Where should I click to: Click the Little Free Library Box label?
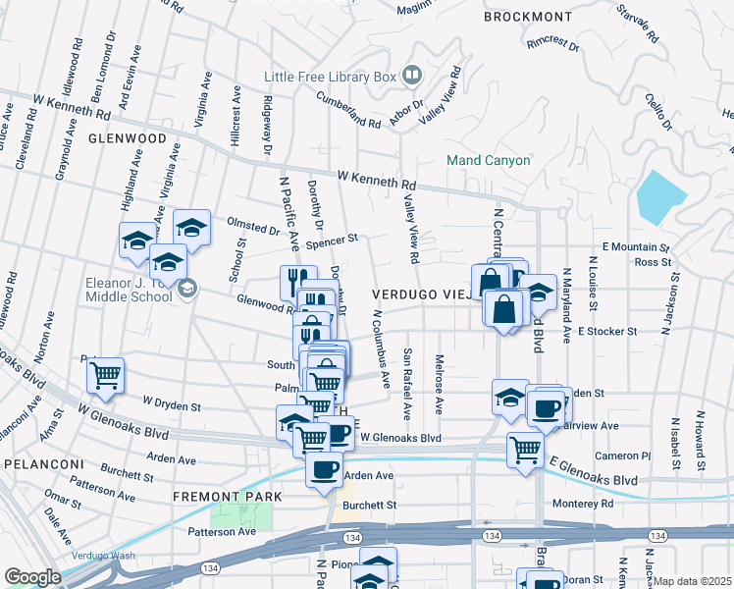[329, 77]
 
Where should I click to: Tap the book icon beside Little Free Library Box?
[411, 75]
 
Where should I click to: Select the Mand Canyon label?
[488, 160]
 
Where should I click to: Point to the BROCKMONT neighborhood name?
[528, 17]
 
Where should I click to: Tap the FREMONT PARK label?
[228, 497]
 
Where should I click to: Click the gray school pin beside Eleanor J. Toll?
[186, 289]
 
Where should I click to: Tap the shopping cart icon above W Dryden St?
[105, 375]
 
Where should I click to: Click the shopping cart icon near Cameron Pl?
[526, 450]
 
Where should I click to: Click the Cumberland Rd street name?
[347, 110]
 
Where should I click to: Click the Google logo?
[32, 577]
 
